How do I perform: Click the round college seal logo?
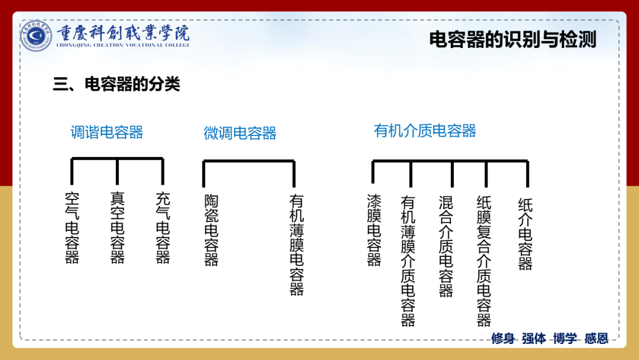pos(36,36)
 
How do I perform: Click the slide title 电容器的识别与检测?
pos(512,40)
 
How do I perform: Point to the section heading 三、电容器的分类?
pos(117,85)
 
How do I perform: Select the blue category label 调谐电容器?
pos(107,132)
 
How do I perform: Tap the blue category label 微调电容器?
pos(240,133)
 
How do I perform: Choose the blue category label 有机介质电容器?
pos(425,131)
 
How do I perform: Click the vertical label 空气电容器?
pos(72,227)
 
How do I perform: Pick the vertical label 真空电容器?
pos(117,227)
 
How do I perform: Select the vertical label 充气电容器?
pos(163,227)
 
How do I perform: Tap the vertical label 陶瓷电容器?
pos(211,230)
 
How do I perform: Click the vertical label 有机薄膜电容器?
pos(296,245)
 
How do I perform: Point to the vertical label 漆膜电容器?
pos(374,230)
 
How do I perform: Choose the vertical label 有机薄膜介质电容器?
pos(408,261)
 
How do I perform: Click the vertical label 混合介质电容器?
pos(446,246)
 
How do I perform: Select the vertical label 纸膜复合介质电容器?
pos(484,261)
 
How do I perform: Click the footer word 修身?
pos(503,339)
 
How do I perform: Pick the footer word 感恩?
pos(596,339)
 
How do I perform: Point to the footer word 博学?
pos(564,339)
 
